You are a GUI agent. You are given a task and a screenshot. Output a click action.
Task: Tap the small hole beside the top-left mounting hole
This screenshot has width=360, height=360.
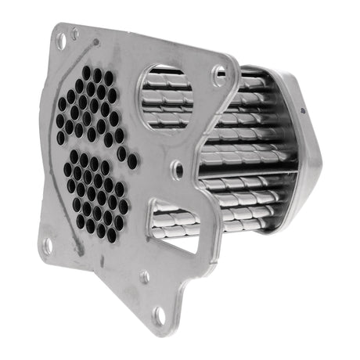point(75,34)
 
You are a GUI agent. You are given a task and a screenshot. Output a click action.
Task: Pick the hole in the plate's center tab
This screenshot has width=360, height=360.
point(178,166)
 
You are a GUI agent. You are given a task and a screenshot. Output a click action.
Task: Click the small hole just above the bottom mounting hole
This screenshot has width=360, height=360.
point(144,276)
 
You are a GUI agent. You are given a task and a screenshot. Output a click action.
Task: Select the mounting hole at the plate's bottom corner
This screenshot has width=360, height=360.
point(160,315)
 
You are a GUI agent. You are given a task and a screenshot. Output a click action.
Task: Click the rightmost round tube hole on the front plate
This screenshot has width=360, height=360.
point(132,162)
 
